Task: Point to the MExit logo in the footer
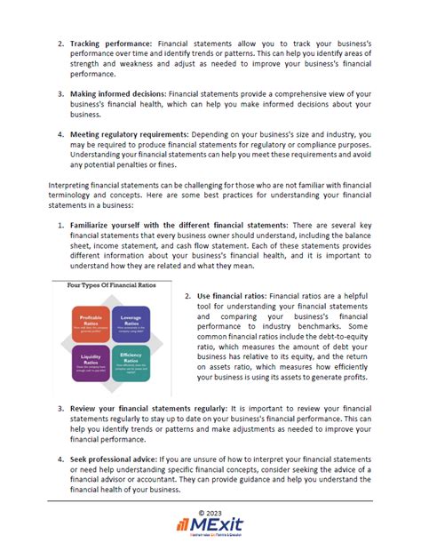pos(210,526)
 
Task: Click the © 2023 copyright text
pos(210,513)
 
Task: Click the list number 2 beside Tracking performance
pos(61,43)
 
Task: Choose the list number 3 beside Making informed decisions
pos(61,92)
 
